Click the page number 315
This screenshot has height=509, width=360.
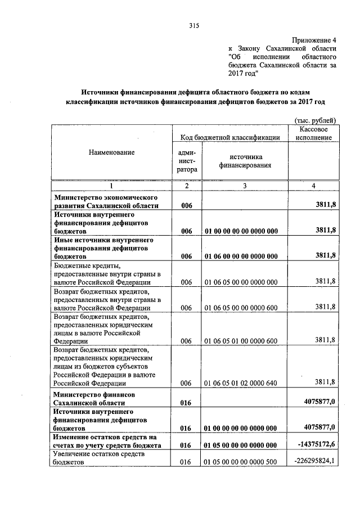pyautogui.click(x=195, y=25)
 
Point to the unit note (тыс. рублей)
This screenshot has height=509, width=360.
pyautogui.click(x=315, y=120)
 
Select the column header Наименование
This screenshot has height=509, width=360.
pyautogui.click(x=111, y=152)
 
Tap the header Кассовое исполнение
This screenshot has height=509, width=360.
pyautogui.click(x=313, y=133)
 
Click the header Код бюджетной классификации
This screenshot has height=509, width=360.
pyautogui.click(x=230, y=137)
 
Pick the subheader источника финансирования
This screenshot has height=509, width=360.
pyautogui.click(x=245, y=161)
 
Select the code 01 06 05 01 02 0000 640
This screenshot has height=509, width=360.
pyautogui.click(x=241, y=382)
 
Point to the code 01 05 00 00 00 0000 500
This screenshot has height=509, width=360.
pyautogui.click(x=241, y=462)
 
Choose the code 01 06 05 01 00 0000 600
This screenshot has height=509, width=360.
pyautogui.click(x=241, y=341)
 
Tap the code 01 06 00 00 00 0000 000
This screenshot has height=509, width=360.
pyautogui.click(x=241, y=256)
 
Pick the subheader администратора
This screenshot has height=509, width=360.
pyautogui.click(x=186, y=160)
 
